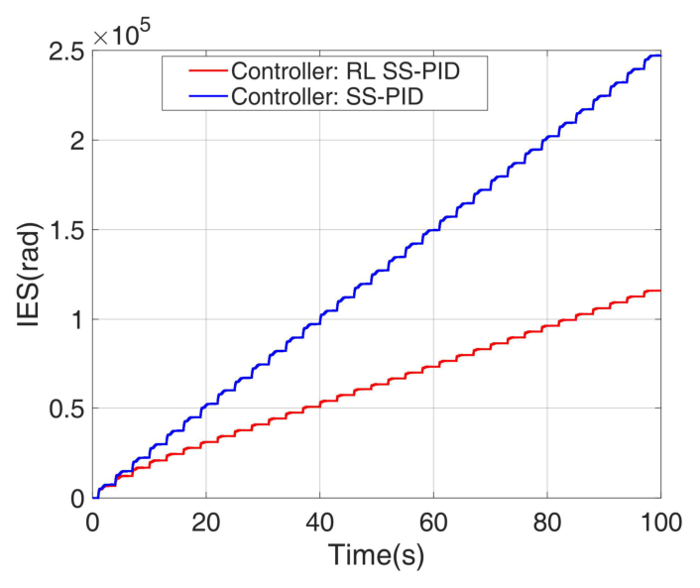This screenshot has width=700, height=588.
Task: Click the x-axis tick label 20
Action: point(205,523)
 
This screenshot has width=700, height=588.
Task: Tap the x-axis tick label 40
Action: point(319,523)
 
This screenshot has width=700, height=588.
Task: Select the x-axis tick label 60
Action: point(433,523)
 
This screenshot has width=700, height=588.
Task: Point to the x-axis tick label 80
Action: point(546,523)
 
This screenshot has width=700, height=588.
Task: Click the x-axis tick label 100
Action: point(658,523)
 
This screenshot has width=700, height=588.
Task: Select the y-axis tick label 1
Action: point(74,319)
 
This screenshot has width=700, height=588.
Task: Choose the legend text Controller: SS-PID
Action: point(346,96)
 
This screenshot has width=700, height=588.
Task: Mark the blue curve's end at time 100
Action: point(659,56)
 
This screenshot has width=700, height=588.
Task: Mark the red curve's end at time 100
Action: point(659,291)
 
